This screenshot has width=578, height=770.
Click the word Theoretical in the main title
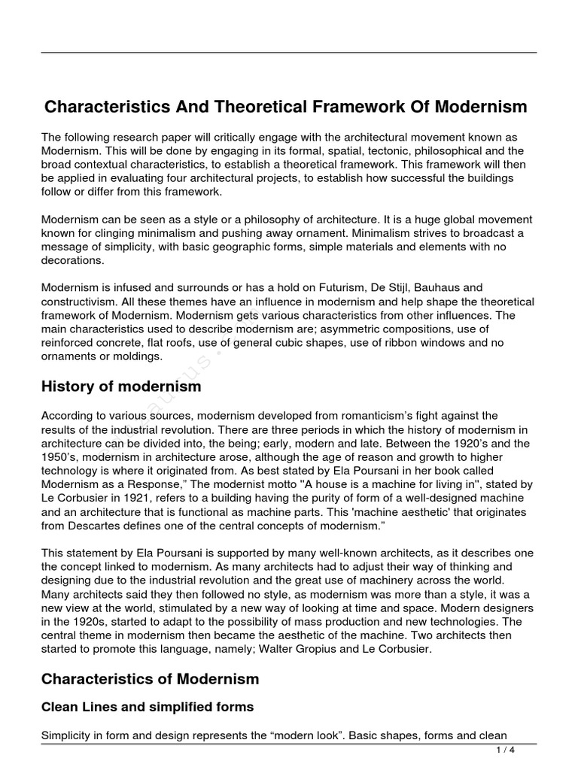point(251,107)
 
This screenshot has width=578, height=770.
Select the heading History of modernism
point(121,387)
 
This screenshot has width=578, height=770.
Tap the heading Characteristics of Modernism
point(150,679)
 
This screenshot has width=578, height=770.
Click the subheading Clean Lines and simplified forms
point(148,707)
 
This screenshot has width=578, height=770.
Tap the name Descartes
point(96,526)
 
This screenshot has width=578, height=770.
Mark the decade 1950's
point(65,458)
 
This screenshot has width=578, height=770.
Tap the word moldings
point(137,356)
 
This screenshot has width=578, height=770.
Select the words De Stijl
point(384,288)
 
